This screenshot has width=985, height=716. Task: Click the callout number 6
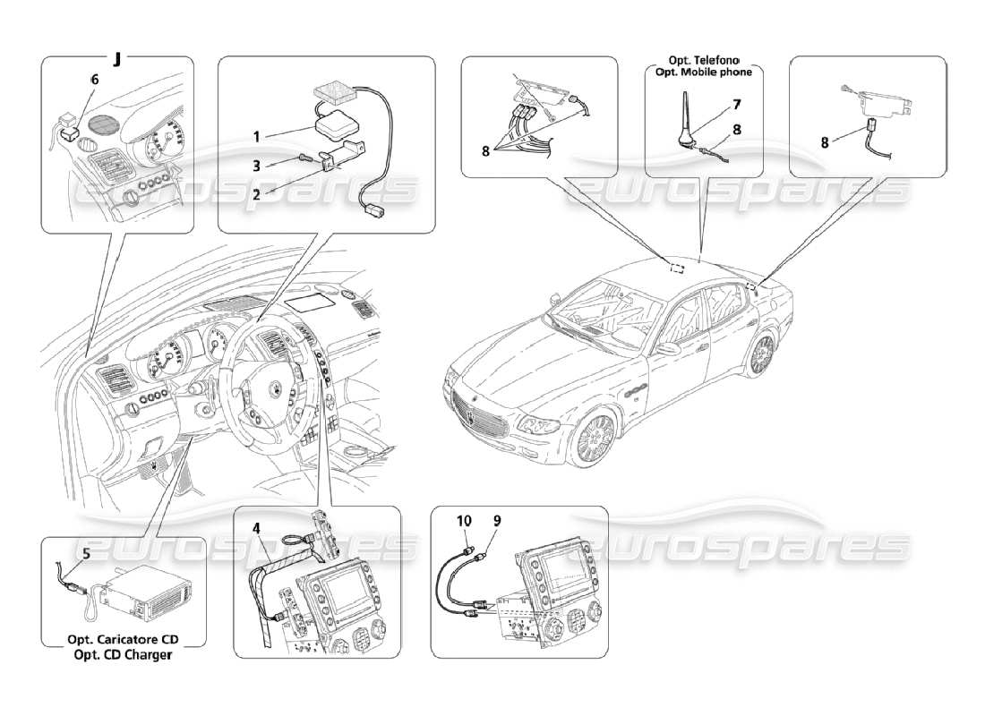pos(95,79)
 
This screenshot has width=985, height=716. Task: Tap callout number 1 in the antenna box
pos(256,137)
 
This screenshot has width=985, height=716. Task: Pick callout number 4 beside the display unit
pos(256,528)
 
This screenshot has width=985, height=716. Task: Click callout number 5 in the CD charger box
pos(87,553)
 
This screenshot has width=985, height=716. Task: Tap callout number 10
pos(464,521)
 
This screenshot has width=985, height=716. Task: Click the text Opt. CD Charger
pos(124,655)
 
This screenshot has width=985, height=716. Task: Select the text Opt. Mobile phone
pos(702,72)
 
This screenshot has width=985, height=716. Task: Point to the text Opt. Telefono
pos(702,60)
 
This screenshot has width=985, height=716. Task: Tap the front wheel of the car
pos(594,440)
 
